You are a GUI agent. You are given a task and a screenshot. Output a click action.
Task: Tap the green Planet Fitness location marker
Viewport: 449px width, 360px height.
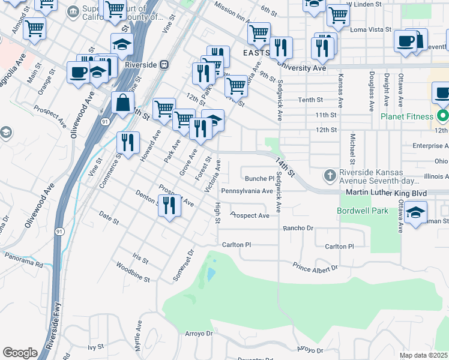pyautogui.click(x=443, y=115)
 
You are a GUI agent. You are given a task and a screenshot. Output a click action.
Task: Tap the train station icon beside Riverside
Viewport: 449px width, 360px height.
pyautogui.click(x=164, y=65)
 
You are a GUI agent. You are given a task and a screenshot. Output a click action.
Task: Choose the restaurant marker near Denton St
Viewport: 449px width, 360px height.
pyautogui.click(x=170, y=206)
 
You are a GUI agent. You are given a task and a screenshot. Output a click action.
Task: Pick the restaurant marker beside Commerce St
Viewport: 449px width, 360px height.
pyautogui.click(x=127, y=143)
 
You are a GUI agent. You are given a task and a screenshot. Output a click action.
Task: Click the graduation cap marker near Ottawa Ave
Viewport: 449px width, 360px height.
pyautogui.click(x=415, y=212)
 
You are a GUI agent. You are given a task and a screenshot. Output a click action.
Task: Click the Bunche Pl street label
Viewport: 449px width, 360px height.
pyautogui.click(x=259, y=178)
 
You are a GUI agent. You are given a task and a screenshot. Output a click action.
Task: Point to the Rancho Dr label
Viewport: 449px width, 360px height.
pyautogui.click(x=298, y=228)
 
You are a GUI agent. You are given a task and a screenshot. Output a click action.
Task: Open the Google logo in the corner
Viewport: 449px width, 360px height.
pyautogui.click(x=20, y=353)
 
